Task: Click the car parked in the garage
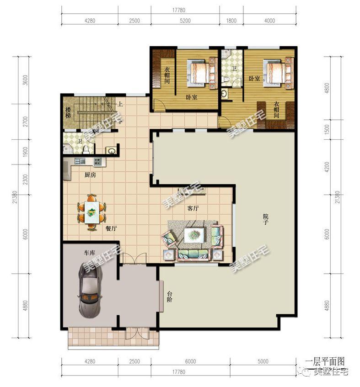pyautogui.click(x=90, y=290)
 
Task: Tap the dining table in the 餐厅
pyautogui.click(x=91, y=212)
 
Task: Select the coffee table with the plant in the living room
pyautogui.click(x=194, y=235)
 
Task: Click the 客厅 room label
pyautogui.click(x=193, y=208)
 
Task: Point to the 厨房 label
pyautogui.click(x=90, y=175)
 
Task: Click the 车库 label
pyautogui.click(x=89, y=253)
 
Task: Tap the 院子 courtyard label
pyautogui.click(x=266, y=219)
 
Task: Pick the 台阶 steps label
pyautogui.click(x=170, y=297)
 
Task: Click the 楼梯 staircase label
pyautogui.click(x=68, y=112)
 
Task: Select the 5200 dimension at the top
pyautogui.click(x=185, y=21)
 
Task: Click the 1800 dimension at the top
pyautogui.click(x=231, y=21)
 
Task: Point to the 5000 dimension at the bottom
pyautogui.click(x=263, y=361)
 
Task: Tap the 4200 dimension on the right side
pyautogui.click(x=327, y=167)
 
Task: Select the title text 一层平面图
pyautogui.click(x=325, y=362)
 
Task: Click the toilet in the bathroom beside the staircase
pyautogui.click(x=86, y=149)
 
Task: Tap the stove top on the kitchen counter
pyautogui.click(x=97, y=162)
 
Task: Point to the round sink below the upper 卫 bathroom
pyautogui.click(x=225, y=94)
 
